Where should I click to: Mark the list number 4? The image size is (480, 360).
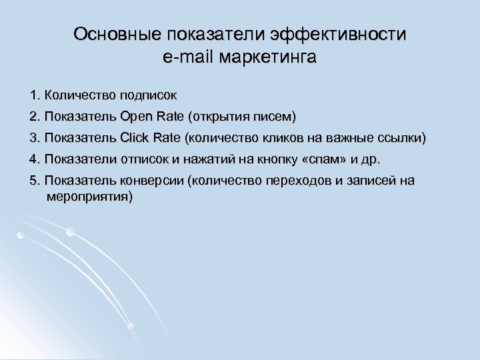(34, 160)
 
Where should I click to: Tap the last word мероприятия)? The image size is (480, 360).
(90, 197)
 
